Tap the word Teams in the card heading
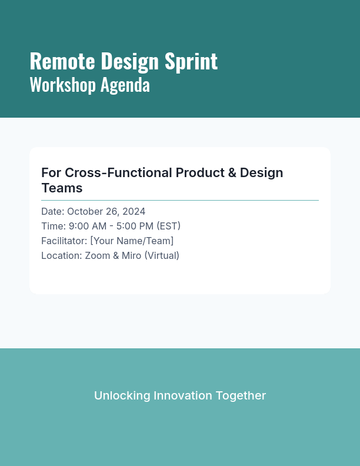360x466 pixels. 62,188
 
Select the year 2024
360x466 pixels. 134,211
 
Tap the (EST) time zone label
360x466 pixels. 168,226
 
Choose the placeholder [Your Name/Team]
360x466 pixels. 132,241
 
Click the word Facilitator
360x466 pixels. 64,241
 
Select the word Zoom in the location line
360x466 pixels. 97,255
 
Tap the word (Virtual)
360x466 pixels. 163,255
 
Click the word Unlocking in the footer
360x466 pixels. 122,395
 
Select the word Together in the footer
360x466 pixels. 240,395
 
